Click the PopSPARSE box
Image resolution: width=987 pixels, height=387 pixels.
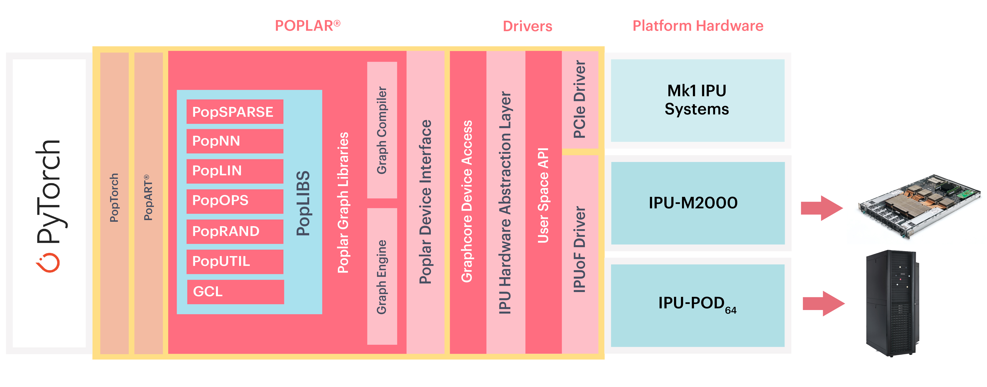[234, 112]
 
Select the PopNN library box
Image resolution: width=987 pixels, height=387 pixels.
[234, 141]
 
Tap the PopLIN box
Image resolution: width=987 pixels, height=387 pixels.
[234, 171]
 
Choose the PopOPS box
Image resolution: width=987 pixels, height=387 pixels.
[234, 201]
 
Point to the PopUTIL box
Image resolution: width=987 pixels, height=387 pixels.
[234, 261]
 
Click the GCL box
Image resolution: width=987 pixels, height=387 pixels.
[235, 292]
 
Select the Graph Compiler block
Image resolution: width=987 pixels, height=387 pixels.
[382, 130]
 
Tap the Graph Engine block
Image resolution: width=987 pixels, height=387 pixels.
[382, 276]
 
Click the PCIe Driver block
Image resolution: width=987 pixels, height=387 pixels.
[580, 100]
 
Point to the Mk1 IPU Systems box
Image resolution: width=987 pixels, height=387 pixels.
[697, 100]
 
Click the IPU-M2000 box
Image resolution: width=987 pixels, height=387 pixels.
[697, 203]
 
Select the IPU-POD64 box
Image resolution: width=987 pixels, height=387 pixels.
[697, 305]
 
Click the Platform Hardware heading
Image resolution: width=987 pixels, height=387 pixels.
[698, 26]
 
